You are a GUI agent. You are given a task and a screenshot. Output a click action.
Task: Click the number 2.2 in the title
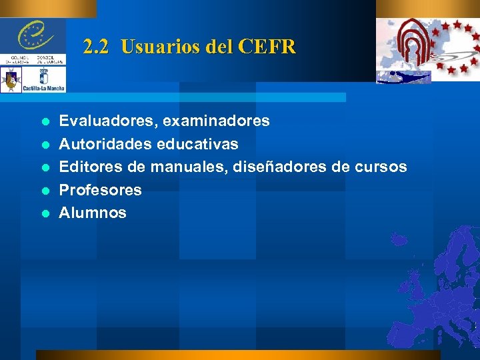(x=97, y=47)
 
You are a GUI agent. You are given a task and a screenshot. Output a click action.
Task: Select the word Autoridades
(x=100, y=143)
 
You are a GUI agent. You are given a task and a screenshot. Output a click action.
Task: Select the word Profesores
(x=101, y=190)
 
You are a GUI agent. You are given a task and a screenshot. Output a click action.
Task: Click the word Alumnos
(x=93, y=213)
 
